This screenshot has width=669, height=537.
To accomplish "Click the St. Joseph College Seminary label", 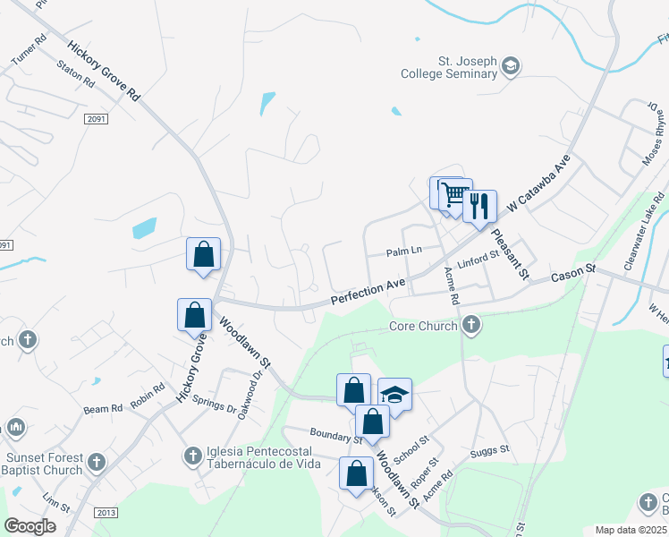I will pos(454,68).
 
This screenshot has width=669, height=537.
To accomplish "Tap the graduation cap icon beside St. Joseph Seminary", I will pos(511,65).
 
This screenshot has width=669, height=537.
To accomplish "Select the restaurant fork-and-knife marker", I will pos(479,207).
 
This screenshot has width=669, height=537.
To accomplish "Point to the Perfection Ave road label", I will pos(368,293).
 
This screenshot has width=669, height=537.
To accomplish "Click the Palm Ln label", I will pos(403,251).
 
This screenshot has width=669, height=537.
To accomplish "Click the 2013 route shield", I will pos(105,512).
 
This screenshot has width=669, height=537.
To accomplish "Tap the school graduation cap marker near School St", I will pos(394,394).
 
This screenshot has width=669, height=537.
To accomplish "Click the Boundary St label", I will pos(335,436).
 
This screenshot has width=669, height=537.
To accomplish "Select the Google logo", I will pos(30,526).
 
